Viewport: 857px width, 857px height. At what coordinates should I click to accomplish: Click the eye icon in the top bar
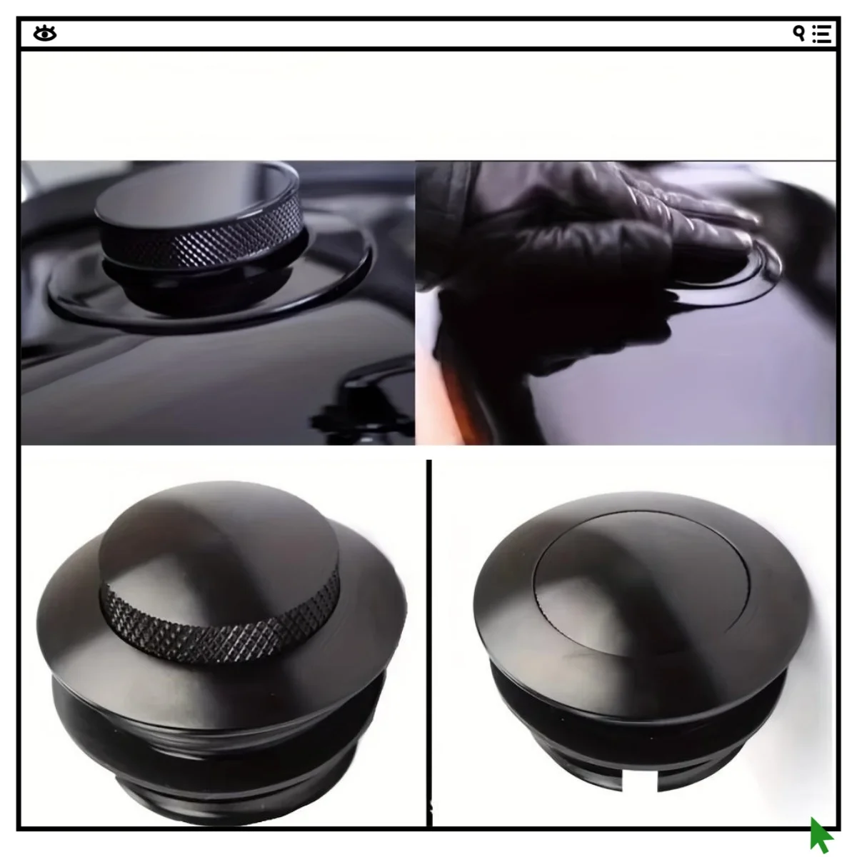click(44, 34)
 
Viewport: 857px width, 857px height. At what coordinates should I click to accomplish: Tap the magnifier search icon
click(799, 33)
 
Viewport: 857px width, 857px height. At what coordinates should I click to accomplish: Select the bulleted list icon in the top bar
click(821, 34)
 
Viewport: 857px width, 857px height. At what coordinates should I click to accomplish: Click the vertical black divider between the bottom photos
click(428, 643)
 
